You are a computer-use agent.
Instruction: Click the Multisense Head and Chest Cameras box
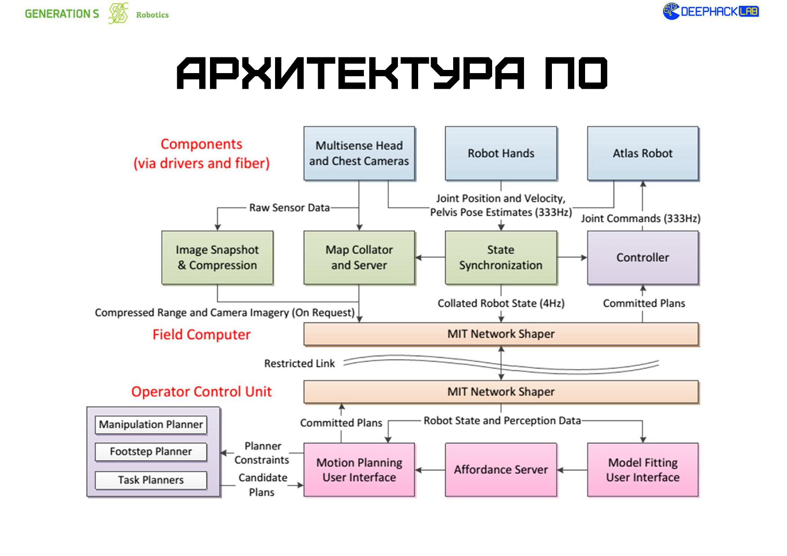click(x=359, y=153)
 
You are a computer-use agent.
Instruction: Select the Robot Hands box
click(x=501, y=153)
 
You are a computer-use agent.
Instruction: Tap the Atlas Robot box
click(x=643, y=153)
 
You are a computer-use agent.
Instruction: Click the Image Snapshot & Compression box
click(x=217, y=257)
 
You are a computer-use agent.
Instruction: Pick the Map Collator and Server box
click(x=359, y=257)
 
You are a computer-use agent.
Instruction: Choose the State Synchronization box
click(x=501, y=257)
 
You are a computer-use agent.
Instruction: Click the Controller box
click(x=643, y=257)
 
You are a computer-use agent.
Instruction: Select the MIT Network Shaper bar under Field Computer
click(x=501, y=334)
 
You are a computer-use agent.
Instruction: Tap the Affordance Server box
click(x=501, y=469)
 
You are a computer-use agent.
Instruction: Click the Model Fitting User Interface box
click(x=643, y=469)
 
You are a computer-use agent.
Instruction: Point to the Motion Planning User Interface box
click(x=359, y=469)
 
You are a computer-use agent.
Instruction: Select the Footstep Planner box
click(x=151, y=452)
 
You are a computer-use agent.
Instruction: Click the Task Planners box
click(x=151, y=480)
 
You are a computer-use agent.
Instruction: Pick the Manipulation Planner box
click(x=151, y=425)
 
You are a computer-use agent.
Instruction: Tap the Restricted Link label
click(x=299, y=364)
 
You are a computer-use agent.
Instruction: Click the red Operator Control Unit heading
click(x=201, y=392)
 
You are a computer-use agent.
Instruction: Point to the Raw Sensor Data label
click(x=289, y=208)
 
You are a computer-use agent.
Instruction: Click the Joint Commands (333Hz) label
click(x=640, y=218)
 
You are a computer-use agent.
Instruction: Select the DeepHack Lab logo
click(x=711, y=12)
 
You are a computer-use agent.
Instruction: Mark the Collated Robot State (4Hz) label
click(x=501, y=304)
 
